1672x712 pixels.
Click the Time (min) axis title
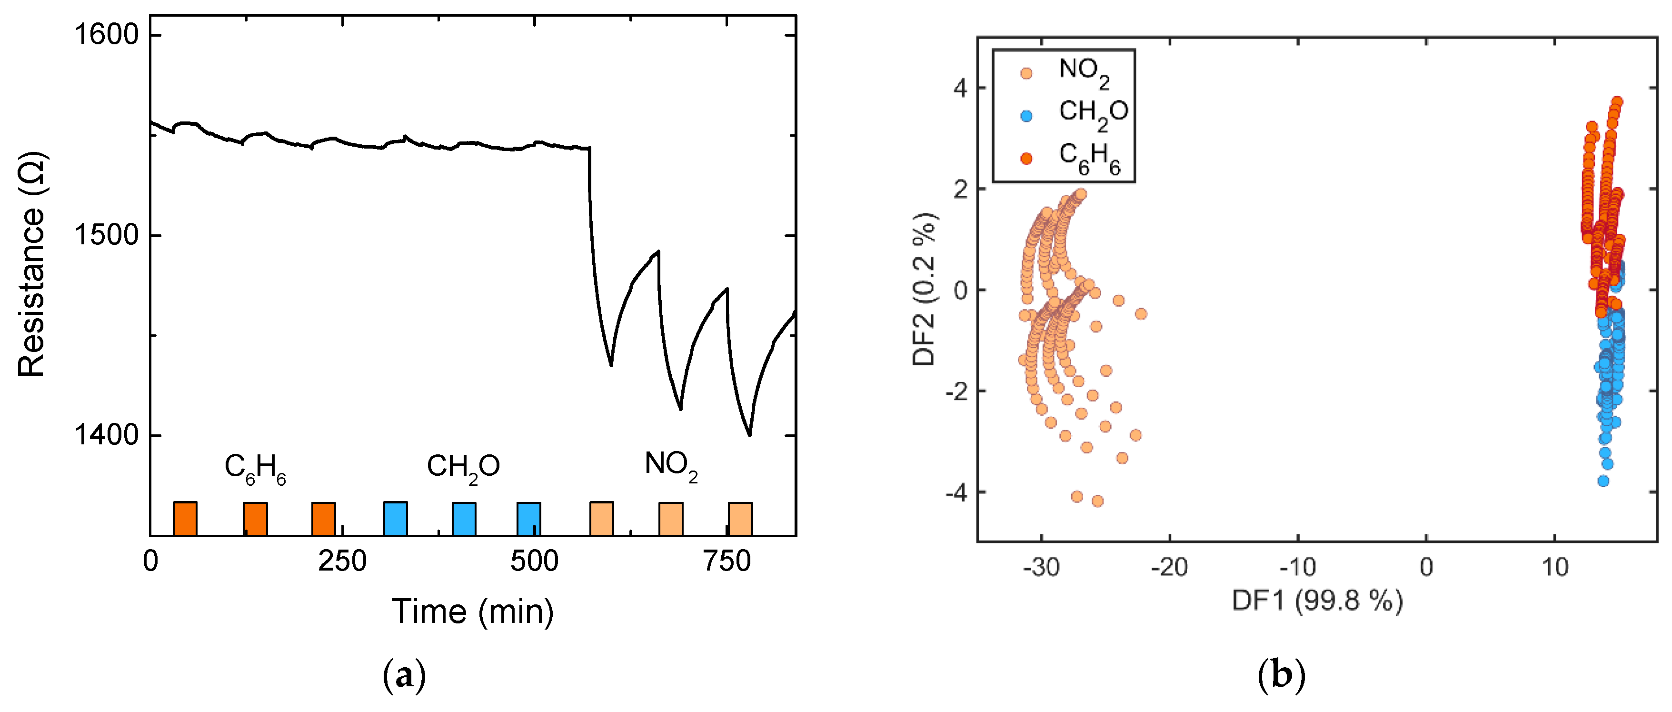(473, 612)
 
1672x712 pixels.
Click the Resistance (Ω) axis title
(31, 264)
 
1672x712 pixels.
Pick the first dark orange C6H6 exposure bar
(185, 518)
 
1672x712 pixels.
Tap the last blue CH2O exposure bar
(528, 518)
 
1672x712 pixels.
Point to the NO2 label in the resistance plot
(670, 465)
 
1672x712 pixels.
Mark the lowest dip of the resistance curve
(750, 435)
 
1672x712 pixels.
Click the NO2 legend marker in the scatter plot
(1026, 73)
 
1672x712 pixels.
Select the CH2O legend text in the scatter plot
(1094, 113)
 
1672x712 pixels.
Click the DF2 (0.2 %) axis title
(924, 290)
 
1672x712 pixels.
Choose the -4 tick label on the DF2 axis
(955, 492)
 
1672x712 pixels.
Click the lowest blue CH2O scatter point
(1603, 481)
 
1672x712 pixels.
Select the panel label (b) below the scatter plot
(1281, 676)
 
